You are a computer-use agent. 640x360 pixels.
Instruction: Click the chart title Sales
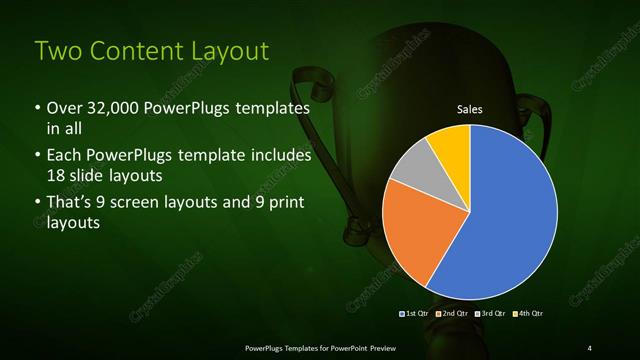(470, 110)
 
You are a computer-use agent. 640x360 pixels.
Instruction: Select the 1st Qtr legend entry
(416, 314)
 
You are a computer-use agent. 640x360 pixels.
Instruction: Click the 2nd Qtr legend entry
(453, 314)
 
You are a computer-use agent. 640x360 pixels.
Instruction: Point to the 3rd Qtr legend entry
(491, 314)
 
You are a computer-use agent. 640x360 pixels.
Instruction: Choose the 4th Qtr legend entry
(528, 314)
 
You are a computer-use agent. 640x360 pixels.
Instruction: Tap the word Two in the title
(57, 52)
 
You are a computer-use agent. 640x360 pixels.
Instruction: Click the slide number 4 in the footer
(589, 347)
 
